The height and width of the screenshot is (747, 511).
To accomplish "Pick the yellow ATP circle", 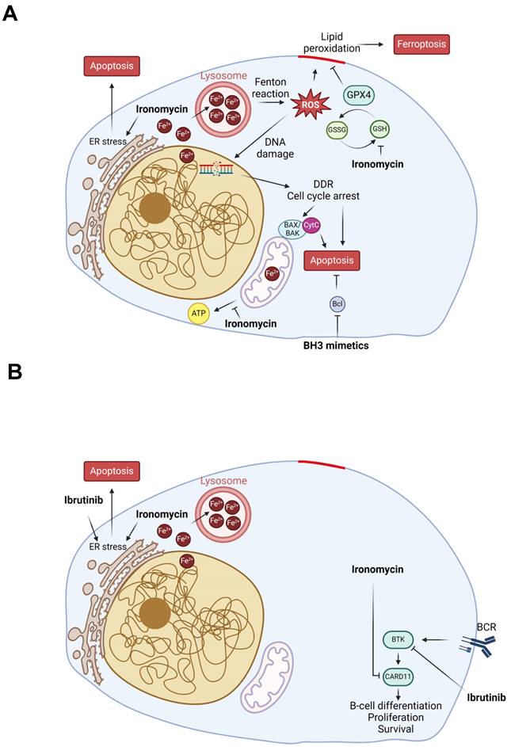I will click(x=198, y=314).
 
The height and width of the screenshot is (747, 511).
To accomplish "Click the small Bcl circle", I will click(x=338, y=304).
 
